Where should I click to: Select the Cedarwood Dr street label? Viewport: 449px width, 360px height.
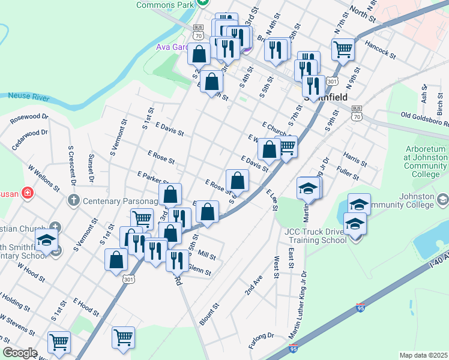(x=29, y=139)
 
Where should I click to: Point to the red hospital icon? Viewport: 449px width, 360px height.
(x=27, y=193)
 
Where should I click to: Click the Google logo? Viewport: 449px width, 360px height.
(x=20, y=353)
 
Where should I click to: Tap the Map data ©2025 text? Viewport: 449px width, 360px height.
(x=423, y=355)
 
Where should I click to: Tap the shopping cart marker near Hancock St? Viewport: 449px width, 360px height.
(x=343, y=49)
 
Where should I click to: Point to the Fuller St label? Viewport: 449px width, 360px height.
(x=348, y=173)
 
